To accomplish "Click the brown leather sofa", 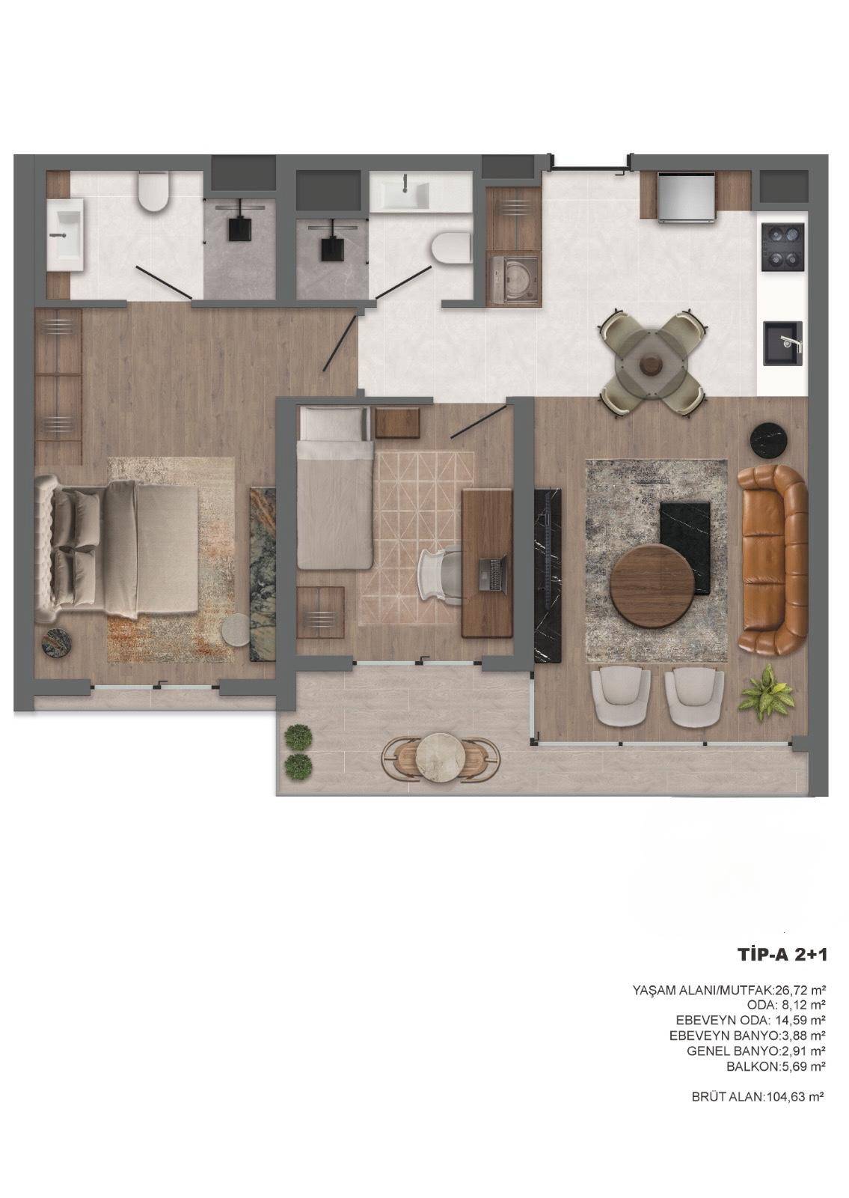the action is pyautogui.click(x=773, y=561).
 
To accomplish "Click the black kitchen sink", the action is pyautogui.click(x=782, y=344).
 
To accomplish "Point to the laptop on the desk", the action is pyautogui.click(x=493, y=574).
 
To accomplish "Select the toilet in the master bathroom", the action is pyautogui.click(x=153, y=192).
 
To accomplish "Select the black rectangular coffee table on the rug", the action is pyautogui.click(x=685, y=547).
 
